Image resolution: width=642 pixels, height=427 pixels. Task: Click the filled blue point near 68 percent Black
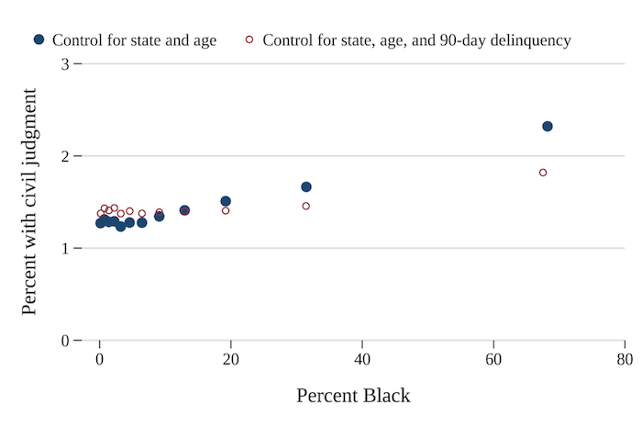pyautogui.click(x=548, y=127)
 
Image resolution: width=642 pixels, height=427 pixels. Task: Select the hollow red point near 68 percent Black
pyautogui.click(x=543, y=173)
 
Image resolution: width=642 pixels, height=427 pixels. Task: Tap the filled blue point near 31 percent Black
pyautogui.click(x=306, y=187)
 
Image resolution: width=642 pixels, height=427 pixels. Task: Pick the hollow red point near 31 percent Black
pyautogui.click(x=306, y=206)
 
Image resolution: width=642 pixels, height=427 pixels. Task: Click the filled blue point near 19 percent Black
pyautogui.click(x=226, y=201)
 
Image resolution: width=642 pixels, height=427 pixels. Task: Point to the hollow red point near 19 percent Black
pyautogui.click(x=226, y=210)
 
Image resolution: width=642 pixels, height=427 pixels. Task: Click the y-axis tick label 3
pyautogui.click(x=64, y=64)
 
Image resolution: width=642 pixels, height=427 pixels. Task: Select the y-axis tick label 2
pyautogui.click(x=64, y=156)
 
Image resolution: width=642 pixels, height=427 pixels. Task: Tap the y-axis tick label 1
pyautogui.click(x=64, y=249)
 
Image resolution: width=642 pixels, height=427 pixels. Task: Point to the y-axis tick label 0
pyautogui.click(x=64, y=341)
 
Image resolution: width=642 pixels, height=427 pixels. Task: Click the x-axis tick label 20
pyautogui.click(x=231, y=358)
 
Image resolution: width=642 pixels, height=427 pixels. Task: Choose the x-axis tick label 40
pyautogui.click(x=362, y=358)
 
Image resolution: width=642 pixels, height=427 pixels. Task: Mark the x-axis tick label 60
pyautogui.click(x=493, y=358)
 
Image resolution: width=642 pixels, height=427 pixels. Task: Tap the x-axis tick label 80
pyautogui.click(x=625, y=358)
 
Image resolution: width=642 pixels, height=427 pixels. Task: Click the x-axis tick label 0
pyautogui.click(x=100, y=358)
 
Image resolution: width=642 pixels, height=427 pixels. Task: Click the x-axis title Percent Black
pyautogui.click(x=353, y=396)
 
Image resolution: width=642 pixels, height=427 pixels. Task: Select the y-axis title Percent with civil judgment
pyautogui.click(x=29, y=202)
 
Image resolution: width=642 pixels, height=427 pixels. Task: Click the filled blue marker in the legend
pyautogui.click(x=39, y=39)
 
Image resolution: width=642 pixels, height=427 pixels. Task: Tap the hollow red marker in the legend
pyautogui.click(x=249, y=39)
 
